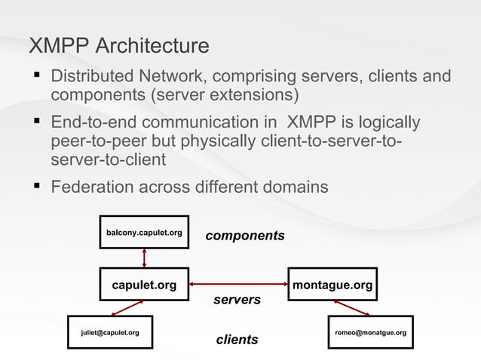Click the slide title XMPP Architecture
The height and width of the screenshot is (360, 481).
pyautogui.click(x=118, y=46)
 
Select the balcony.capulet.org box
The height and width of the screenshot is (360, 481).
pyautogui.click(x=144, y=233)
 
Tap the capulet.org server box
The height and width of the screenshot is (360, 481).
pyautogui.click(x=144, y=285)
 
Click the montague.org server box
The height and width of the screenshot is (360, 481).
pyautogui.click(x=332, y=285)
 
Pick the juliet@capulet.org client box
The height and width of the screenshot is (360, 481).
pyautogui.click(x=110, y=332)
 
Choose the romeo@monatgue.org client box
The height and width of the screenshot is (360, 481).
pyautogui.click(x=370, y=332)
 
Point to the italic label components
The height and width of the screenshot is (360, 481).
pyautogui.click(x=245, y=236)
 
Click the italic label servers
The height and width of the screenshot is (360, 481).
pyautogui.click(x=237, y=300)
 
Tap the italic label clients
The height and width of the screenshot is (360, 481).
pyautogui.click(x=237, y=340)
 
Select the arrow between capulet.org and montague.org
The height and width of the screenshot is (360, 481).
pyautogui.click(x=238, y=285)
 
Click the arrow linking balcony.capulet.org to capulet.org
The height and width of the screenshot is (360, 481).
pyautogui.click(x=144, y=259)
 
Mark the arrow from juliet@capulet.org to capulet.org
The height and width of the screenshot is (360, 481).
pyautogui.click(x=127, y=308)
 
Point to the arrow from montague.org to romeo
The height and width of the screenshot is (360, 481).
pyautogui.click(x=351, y=308)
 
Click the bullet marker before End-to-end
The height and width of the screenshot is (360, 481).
pyautogui.click(x=35, y=121)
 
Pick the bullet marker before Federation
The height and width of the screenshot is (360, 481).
pyautogui.click(x=35, y=185)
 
